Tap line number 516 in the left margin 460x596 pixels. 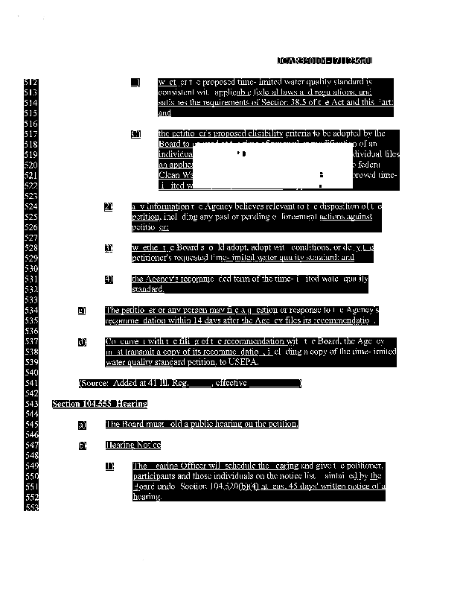click(x=31, y=122)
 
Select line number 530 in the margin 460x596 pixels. click(x=31, y=268)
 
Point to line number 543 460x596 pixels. click(x=31, y=404)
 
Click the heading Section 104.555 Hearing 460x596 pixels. click(x=100, y=404)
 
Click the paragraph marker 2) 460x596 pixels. click(x=109, y=206)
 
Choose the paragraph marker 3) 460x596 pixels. click(x=109, y=247)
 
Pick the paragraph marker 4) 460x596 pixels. click(x=109, y=279)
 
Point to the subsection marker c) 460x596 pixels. click(x=82, y=310)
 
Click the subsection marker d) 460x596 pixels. click(x=82, y=341)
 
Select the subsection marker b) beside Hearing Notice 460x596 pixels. click(x=82, y=445)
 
